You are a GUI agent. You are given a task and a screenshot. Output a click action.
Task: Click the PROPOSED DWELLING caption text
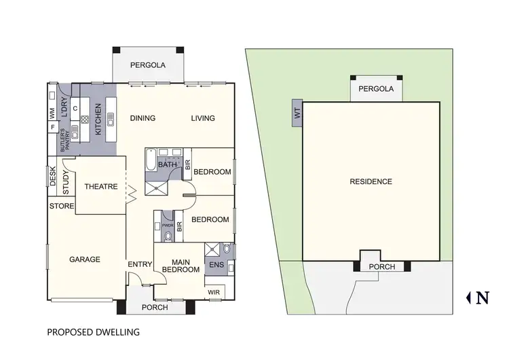click(x=93, y=333)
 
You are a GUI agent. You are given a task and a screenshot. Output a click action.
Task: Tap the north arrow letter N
click(x=483, y=297)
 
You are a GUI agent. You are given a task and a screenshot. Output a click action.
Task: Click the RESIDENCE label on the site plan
click(x=371, y=181)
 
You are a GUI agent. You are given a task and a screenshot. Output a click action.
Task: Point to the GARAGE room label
click(x=85, y=259)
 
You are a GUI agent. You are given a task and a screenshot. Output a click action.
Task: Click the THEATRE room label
click(x=101, y=187)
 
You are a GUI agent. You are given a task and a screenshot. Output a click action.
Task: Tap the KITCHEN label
click(x=98, y=118)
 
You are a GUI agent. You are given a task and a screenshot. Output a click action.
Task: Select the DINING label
click(x=143, y=118)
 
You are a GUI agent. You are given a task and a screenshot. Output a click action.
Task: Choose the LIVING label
click(x=202, y=118)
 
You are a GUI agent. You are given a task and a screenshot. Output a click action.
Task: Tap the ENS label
click(x=216, y=265)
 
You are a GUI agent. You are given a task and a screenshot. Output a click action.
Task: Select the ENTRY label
click(x=138, y=265)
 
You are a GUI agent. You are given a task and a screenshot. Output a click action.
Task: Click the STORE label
click(x=61, y=206)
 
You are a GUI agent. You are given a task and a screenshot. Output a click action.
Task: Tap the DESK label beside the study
click(x=53, y=177)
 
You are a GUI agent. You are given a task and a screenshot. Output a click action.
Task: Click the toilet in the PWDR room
click(x=168, y=236)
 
